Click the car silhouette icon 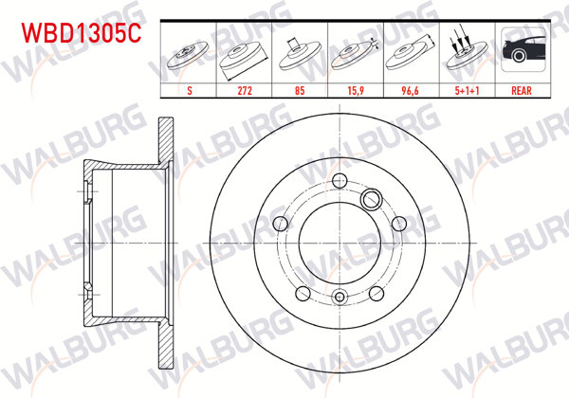coord(520,52)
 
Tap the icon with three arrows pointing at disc coord(464,52)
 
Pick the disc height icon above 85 coord(300,52)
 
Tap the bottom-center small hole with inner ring coord(339,296)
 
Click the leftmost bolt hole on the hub coord(282,223)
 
